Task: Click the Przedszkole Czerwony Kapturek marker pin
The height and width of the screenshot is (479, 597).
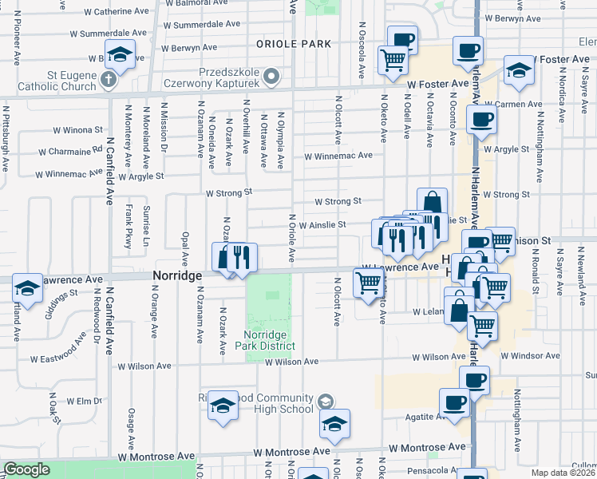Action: coord(271,77)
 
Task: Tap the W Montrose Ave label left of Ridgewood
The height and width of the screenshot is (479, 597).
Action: coord(156,457)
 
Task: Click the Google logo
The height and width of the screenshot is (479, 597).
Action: coord(27,469)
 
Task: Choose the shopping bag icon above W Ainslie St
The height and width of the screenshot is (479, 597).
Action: coord(432,202)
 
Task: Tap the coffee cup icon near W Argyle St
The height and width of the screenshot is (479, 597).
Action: coord(480,121)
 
